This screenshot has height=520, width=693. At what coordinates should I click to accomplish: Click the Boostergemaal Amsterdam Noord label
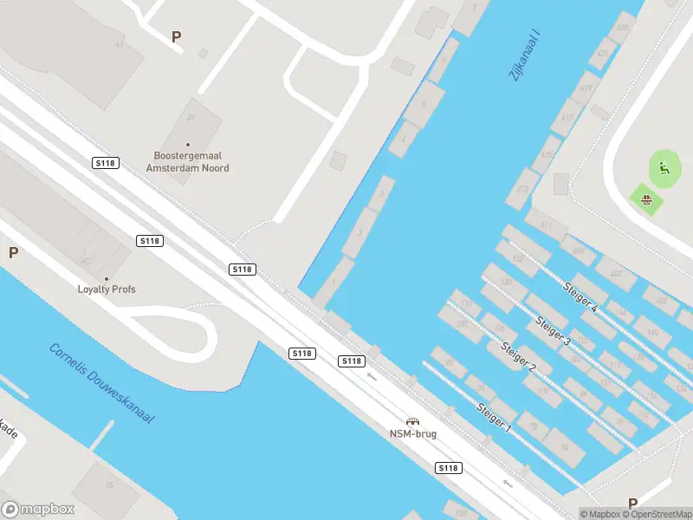click(188, 162)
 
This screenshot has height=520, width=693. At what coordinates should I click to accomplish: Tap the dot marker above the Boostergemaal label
click(188, 145)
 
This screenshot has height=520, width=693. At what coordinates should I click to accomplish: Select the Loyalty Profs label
click(107, 289)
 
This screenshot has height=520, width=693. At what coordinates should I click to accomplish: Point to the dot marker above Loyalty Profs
click(107, 279)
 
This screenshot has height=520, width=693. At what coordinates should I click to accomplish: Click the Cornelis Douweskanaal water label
click(101, 384)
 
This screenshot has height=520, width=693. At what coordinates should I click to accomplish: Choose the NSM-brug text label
click(412, 433)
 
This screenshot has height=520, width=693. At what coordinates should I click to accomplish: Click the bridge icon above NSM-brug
click(412, 421)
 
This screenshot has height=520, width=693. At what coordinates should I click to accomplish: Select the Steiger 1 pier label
click(494, 419)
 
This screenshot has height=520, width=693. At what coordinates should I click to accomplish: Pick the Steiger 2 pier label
click(518, 357)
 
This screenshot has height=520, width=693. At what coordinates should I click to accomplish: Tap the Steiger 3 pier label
click(553, 329)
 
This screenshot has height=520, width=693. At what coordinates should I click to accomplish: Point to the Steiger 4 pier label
click(580, 296)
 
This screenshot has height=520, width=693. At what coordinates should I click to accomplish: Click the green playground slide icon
click(664, 168)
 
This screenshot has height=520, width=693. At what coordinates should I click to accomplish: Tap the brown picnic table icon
click(646, 201)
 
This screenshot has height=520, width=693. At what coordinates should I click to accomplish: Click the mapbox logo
click(38, 510)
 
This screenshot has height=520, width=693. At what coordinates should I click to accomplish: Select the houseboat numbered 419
click(586, 88)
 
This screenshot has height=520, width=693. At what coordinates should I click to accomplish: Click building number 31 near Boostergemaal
click(191, 117)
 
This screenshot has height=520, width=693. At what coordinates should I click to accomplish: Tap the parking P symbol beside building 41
click(177, 37)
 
